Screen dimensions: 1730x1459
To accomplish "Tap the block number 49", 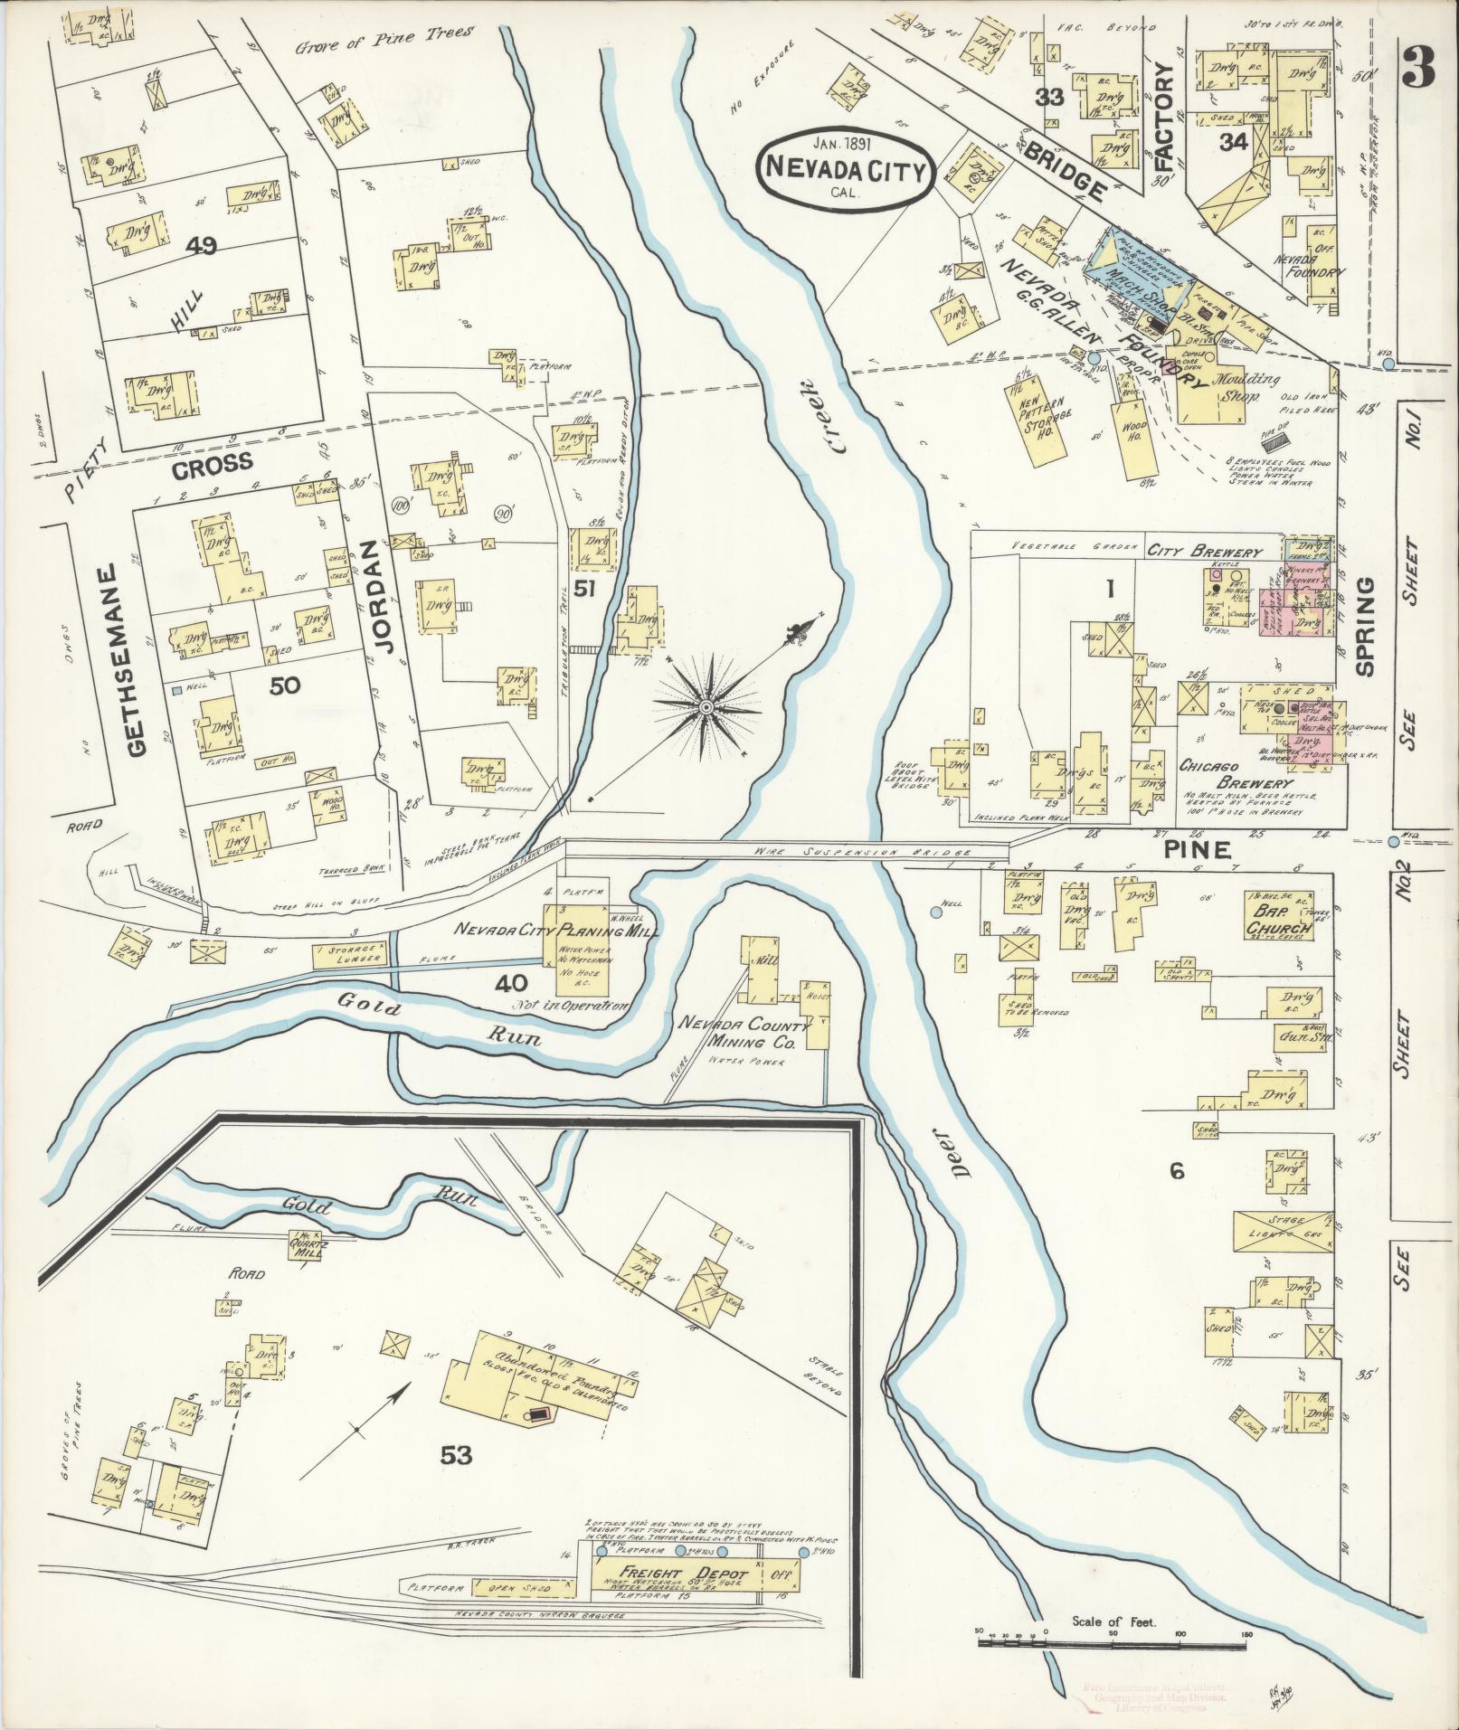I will pos(201,245).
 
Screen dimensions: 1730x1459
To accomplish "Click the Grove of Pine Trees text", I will pos(385,35).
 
